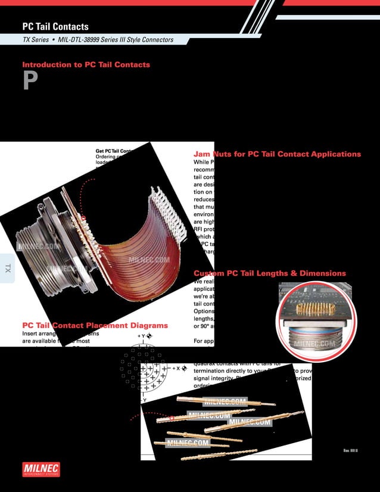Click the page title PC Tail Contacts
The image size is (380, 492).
(55, 27)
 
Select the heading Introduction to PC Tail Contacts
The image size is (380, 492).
(86, 64)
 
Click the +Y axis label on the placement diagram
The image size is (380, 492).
(143, 337)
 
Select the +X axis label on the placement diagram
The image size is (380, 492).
(178, 368)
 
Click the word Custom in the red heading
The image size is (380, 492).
(208, 273)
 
